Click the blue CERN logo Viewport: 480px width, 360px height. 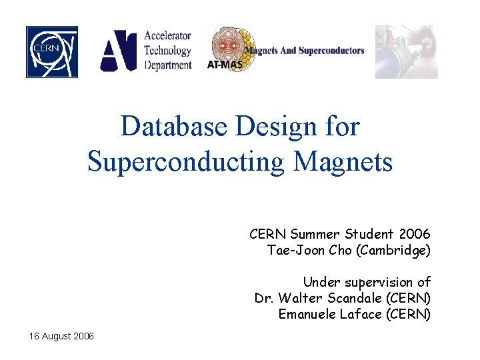point(52,52)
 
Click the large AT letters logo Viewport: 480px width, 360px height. point(119,51)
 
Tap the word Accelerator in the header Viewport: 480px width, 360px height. point(168,36)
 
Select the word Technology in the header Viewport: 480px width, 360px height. point(168,50)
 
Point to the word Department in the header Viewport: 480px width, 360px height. point(168,65)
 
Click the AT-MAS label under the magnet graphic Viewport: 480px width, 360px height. point(225,65)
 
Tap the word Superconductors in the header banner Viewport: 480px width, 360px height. point(331,51)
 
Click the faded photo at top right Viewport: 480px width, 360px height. point(406,52)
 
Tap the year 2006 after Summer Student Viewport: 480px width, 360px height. point(414,234)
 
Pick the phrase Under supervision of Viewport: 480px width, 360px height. point(367,281)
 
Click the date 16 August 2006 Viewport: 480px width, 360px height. point(61,336)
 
